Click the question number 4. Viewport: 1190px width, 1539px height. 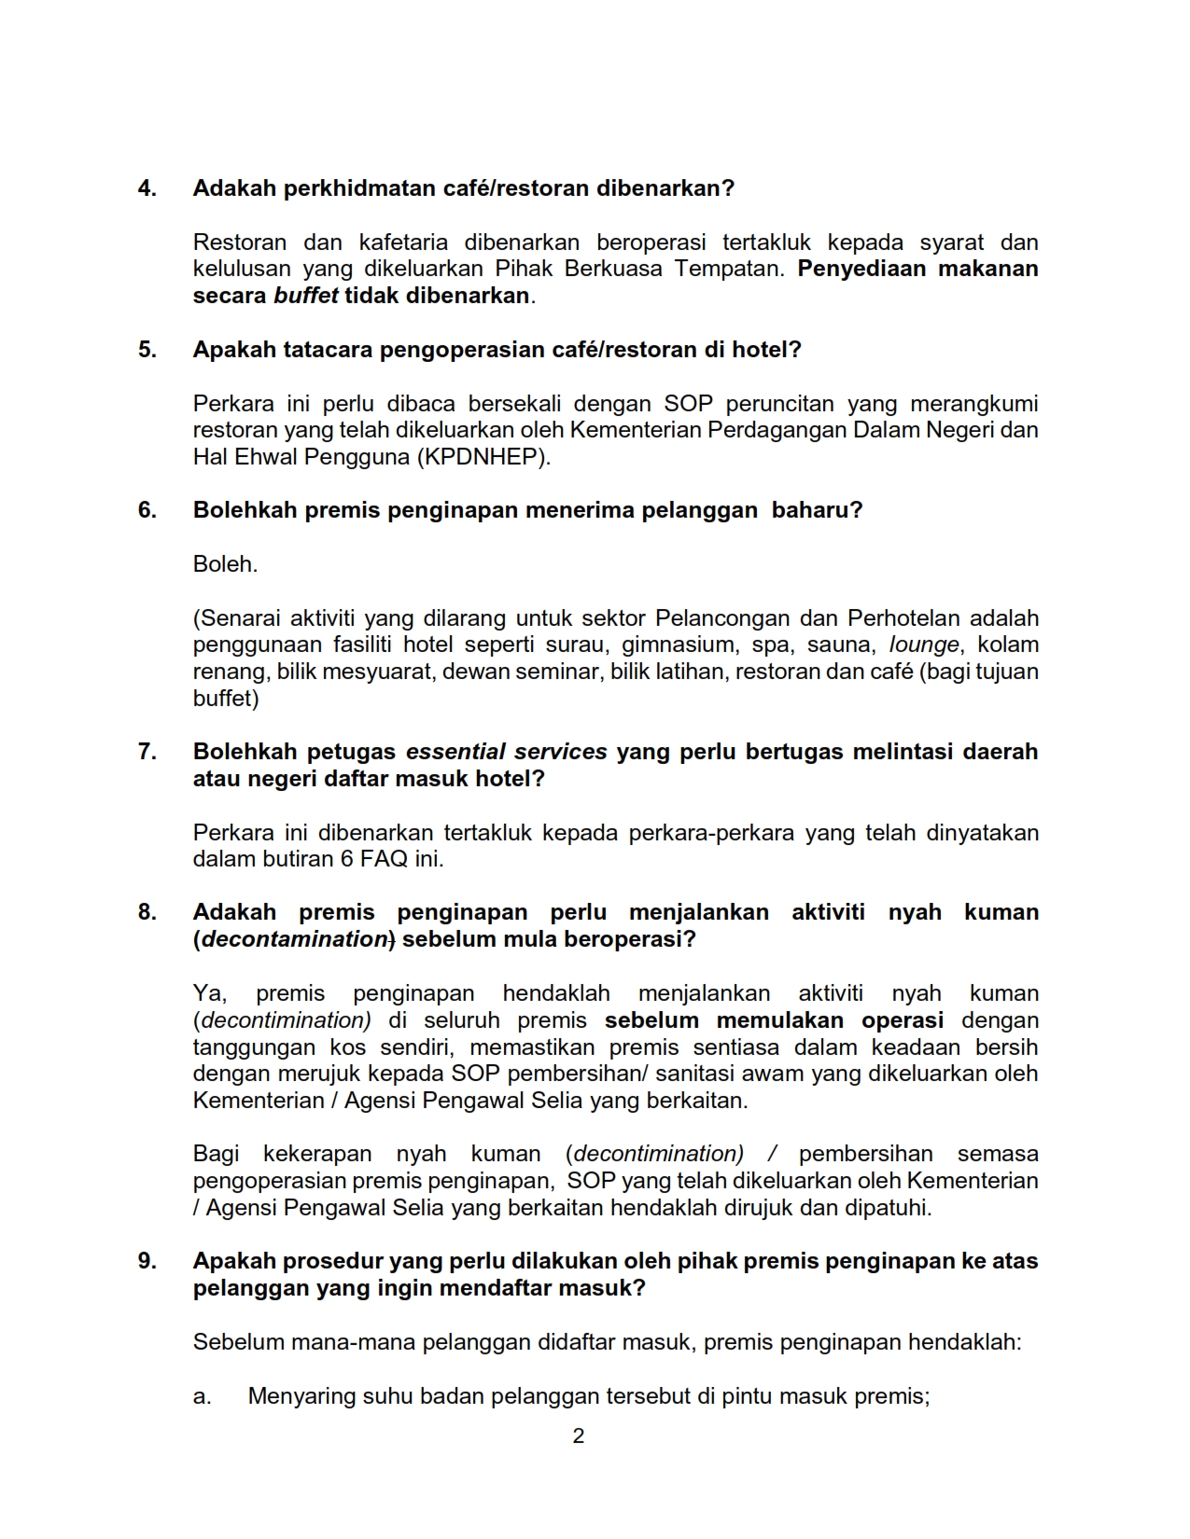pos(147,188)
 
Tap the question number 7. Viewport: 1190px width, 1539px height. pos(147,752)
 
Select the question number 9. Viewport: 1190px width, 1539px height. pos(147,1261)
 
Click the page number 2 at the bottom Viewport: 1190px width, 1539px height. pos(579,1436)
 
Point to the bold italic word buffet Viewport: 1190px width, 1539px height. pos(305,297)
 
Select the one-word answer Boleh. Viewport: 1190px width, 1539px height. pos(225,564)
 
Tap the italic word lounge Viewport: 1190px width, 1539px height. pos(924,645)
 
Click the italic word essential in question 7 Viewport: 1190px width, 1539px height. pos(456,752)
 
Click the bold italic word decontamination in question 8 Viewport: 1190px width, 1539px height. pos(295,939)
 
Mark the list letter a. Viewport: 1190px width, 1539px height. pos(202,1397)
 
